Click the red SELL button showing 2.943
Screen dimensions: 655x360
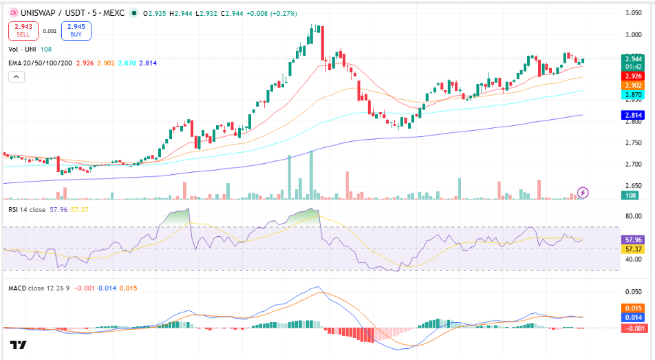[x=23, y=30]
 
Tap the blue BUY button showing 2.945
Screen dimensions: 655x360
[x=76, y=30]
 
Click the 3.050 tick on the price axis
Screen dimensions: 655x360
[x=633, y=13]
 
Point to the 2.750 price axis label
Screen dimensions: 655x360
[x=633, y=142]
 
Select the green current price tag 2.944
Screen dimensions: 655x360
[x=633, y=59]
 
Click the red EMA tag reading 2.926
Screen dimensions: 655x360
[x=633, y=76]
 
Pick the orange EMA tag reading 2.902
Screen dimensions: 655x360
[x=633, y=85]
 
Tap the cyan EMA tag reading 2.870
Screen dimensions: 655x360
[x=633, y=95]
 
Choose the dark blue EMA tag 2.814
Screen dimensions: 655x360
[x=633, y=115]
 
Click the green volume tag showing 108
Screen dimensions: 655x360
[x=630, y=195]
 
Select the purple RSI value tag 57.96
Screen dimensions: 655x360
[x=633, y=240]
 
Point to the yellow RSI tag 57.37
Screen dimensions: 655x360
[x=633, y=249]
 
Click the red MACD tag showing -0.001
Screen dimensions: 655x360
[x=633, y=328]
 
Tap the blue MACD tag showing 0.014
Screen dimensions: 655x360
[x=633, y=318]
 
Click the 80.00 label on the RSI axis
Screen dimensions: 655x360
[x=633, y=216]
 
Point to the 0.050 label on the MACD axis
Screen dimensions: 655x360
[x=633, y=291]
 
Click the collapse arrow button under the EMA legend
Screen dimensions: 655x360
[x=17, y=77]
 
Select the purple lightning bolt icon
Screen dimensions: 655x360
[x=583, y=193]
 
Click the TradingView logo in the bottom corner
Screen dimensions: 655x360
[x=18, y=345]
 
